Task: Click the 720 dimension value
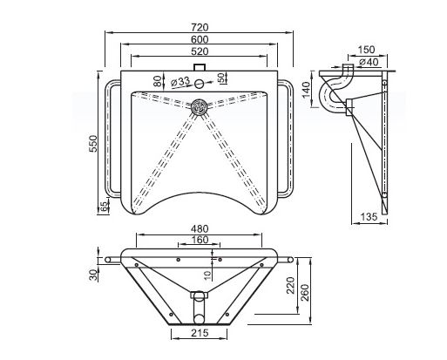(x=200, y=27)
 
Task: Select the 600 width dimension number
(x=200, y=39)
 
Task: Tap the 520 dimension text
(x=200, y=51)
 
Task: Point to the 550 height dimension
(x=93, y=144)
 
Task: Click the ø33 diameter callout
(x=180, y=82)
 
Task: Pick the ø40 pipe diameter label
(x=369, y=62)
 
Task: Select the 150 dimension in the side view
(x=366, y=50)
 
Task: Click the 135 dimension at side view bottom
(x=369, y=217)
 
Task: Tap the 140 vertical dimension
(x=306, y=90)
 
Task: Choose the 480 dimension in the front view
(x=200, y=229)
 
